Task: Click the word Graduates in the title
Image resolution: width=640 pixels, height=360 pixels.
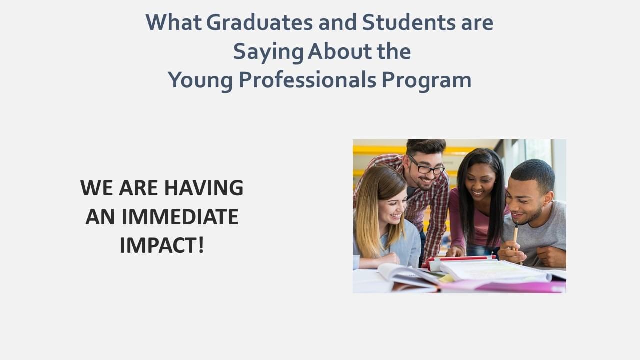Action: (259, 22)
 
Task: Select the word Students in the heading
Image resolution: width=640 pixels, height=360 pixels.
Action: (409, 22)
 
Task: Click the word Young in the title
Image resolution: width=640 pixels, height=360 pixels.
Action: (200, 81)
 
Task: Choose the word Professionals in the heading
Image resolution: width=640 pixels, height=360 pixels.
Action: (307, 80)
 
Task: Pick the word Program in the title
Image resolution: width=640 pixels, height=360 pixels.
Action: (427, 81)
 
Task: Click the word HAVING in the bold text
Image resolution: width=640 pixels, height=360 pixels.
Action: (204, 188)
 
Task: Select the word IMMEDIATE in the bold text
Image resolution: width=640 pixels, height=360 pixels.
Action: (180, 217)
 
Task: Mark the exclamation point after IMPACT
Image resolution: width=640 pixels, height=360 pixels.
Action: (201, 245)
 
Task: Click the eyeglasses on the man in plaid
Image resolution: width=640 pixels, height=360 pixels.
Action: (427, 166)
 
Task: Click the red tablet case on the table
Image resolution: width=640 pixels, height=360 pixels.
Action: (459, 262)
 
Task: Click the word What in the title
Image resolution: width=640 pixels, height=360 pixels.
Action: (174, 22)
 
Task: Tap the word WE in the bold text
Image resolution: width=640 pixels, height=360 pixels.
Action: (96, 188)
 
